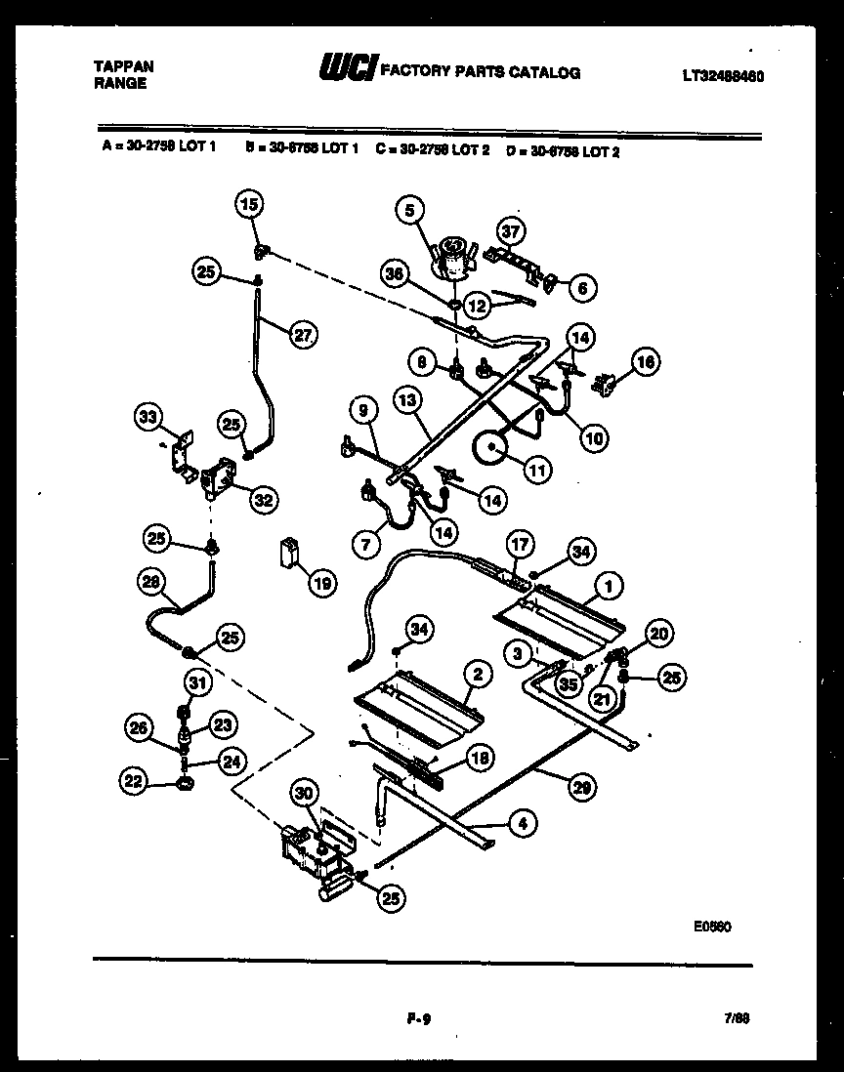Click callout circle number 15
pos(249,204)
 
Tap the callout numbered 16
pos(645,362)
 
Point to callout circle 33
pos(148,419)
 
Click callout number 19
pos(320,584)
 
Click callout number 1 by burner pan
pos(609,587)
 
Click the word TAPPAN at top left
pos(122,65)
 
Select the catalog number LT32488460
pos(723,74)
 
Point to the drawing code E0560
pos(713,927)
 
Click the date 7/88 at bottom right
pos(738,1017)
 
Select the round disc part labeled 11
pos(492,451)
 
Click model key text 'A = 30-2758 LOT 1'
pos(158,151)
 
